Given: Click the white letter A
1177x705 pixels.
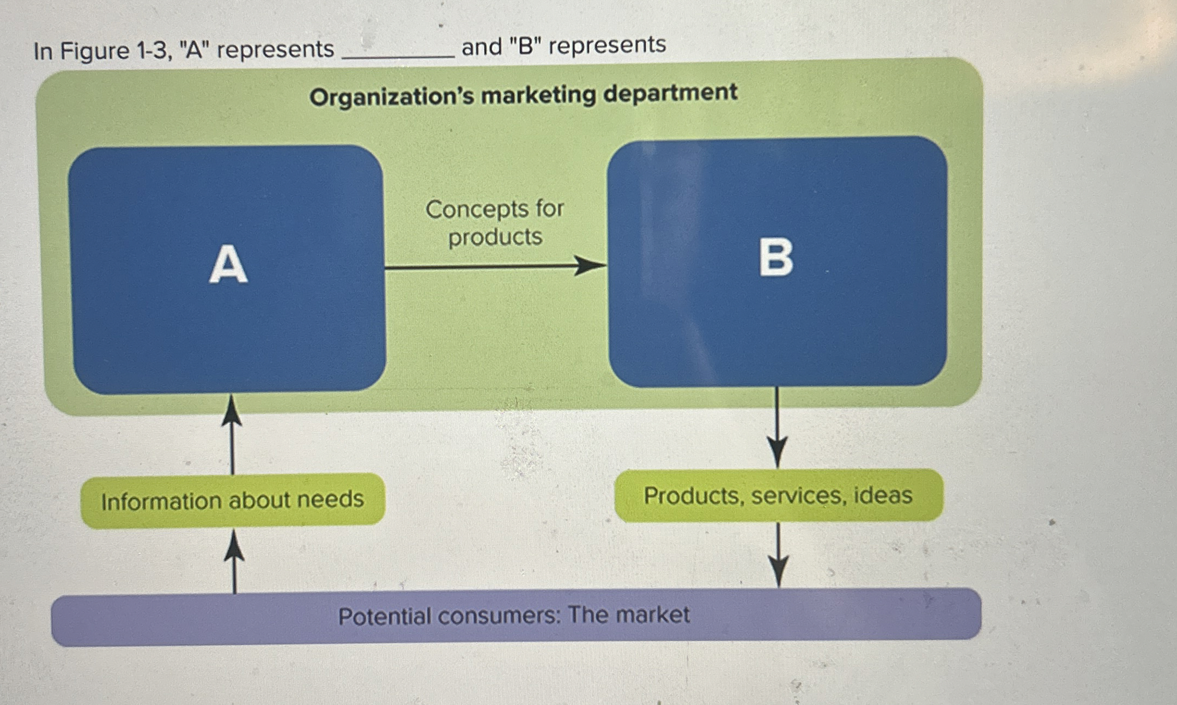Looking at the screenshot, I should [x=228, y=265].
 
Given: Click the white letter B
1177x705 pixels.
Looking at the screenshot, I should [x=776, y=258].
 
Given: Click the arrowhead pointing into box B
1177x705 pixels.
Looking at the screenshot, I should [x=591, y=266].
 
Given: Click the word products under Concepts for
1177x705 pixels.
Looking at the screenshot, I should [x=495, y=237].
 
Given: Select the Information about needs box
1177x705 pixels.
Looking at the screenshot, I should [x=233, y=500].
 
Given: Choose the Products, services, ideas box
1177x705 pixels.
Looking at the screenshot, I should [x=778, y=495].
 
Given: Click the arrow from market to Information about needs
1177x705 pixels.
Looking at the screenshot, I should [x=234, y=561].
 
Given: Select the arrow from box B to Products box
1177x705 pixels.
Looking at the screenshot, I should [x=776, y=428].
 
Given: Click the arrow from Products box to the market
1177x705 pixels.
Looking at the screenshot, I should [x=778, y=555].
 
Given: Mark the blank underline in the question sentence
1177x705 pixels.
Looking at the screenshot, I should [x=397, y=55].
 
